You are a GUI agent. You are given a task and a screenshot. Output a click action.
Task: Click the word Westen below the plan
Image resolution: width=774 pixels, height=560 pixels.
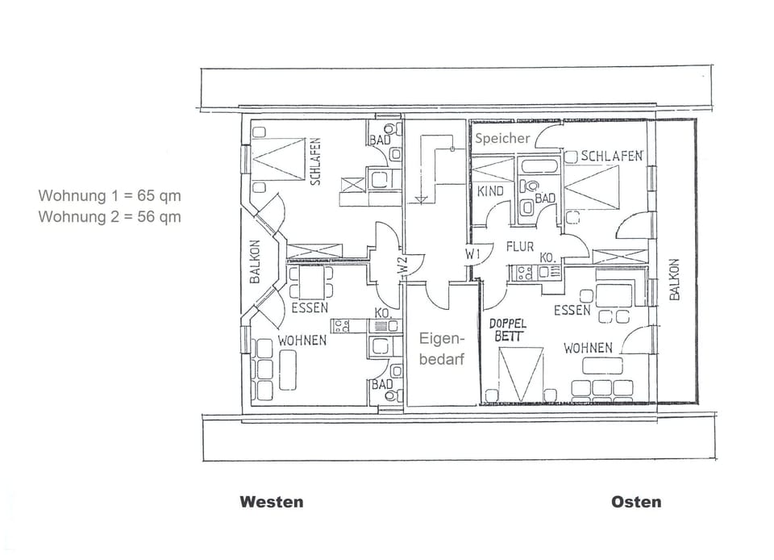pos(272,502)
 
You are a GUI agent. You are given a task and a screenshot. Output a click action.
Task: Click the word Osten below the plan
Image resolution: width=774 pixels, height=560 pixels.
pos(635,502)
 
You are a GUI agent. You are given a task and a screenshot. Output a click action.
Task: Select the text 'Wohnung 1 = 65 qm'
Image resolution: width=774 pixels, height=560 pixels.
pos(110,195)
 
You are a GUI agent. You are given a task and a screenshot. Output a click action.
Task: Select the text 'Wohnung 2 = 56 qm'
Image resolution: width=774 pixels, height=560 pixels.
pos(110,216)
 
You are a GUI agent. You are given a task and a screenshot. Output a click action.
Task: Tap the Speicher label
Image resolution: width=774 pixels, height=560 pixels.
pos(502,138)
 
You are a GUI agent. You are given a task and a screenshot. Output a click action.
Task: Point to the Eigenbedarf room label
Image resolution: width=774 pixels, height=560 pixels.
pos(441,350)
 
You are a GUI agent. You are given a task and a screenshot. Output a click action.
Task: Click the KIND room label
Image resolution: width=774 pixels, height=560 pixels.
pos(490,191)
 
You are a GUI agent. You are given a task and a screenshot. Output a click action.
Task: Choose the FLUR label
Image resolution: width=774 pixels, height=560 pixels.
pos(520,247)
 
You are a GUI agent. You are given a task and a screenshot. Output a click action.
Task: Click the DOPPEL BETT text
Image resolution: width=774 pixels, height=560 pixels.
pos(508,330)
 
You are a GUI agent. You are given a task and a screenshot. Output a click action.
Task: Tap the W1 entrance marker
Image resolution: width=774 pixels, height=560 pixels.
pos(473,253)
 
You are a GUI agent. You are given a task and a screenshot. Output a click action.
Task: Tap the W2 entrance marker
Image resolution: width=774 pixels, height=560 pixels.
pos(401,265)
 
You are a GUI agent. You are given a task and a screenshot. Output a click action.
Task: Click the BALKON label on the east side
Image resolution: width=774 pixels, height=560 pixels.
pos(675,279)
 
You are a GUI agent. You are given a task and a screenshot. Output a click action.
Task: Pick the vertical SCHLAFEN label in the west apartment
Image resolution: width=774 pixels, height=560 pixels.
pos(315,161)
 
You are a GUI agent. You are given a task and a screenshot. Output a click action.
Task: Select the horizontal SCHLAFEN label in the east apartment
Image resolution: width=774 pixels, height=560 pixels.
pos(612,156)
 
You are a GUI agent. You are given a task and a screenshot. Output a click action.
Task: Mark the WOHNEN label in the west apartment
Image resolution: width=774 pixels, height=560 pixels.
pos(302,341)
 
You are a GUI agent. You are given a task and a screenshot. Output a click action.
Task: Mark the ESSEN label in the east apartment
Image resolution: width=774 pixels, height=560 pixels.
pos(572,310)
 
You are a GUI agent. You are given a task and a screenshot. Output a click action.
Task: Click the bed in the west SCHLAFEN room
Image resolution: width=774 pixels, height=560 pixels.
pos(278,159)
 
